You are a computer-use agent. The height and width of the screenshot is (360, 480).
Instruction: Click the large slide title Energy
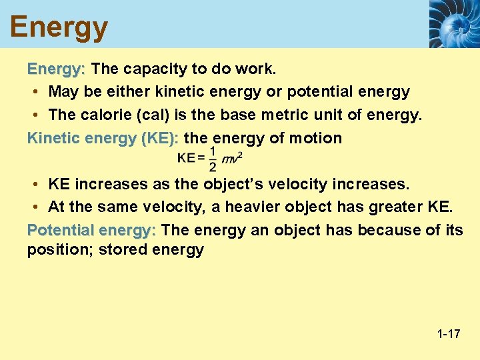click(x=59, y=27)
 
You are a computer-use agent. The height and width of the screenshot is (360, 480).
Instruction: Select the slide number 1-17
click(x=449, y=333)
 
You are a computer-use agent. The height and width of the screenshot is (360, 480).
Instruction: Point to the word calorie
click(x=105, y=115)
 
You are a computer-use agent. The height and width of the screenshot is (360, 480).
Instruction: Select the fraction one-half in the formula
click(x=212, y=159)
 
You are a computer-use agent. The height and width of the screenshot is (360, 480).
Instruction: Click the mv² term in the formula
click(x=231, y=159)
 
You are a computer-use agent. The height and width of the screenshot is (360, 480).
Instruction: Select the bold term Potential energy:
click(x=91, y=230)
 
